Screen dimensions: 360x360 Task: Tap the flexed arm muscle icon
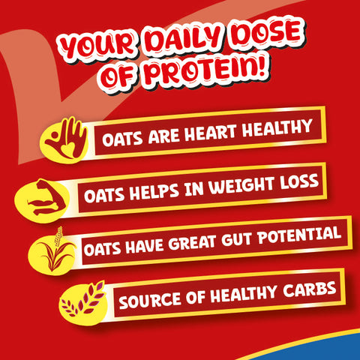(x=54, y=196)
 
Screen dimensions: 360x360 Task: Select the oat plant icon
(x=55, y=251)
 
